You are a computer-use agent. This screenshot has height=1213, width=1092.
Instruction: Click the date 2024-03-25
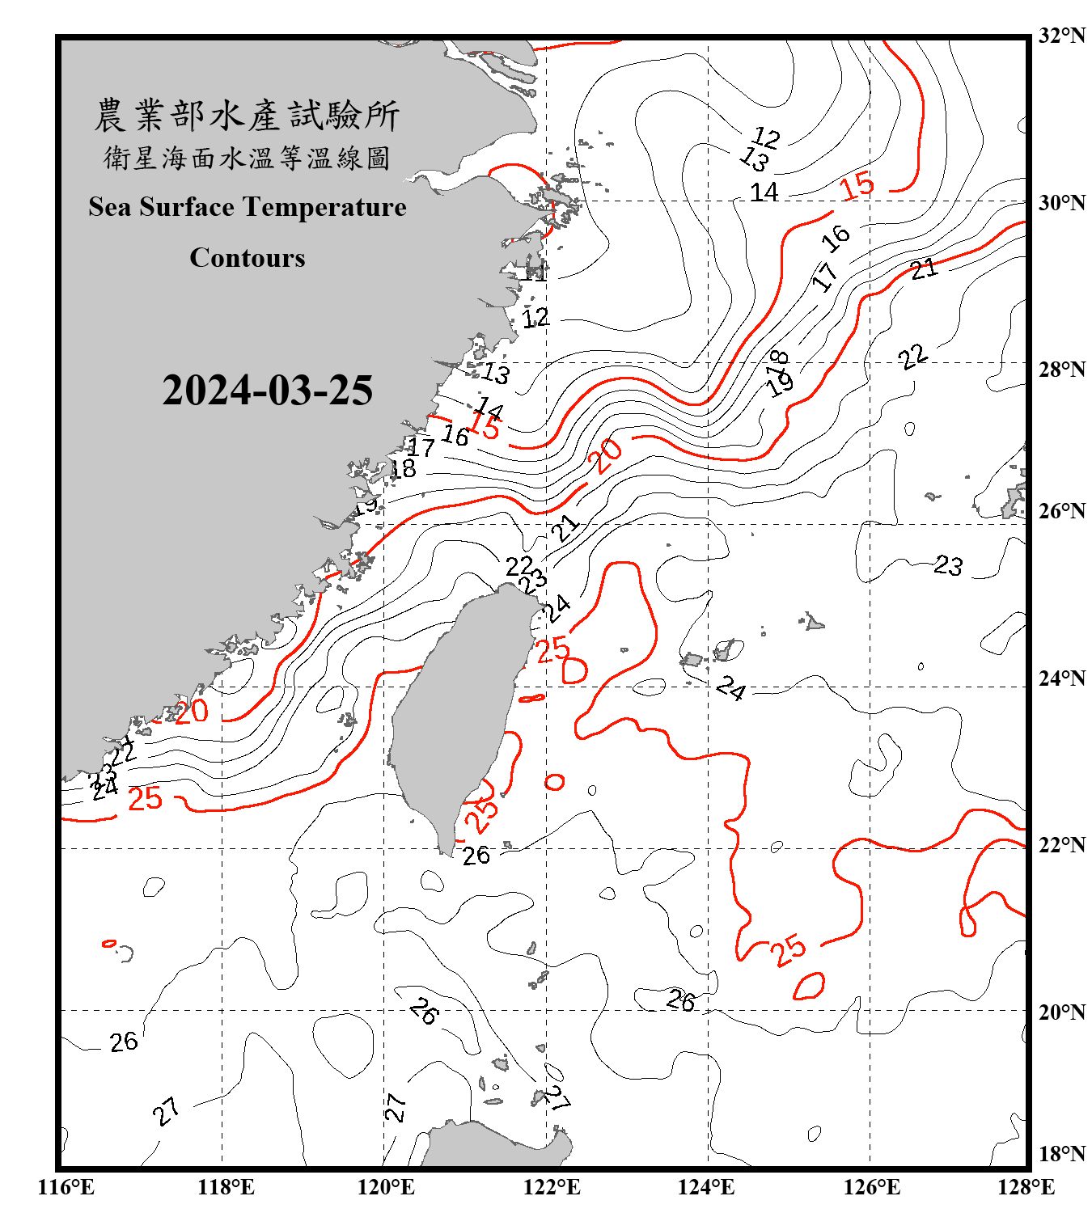click(x=267, y=391)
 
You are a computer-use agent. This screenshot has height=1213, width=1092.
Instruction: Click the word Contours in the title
click(x=248, y=258)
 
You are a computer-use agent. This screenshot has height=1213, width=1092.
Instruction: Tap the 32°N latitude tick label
click(x=1061, y=36)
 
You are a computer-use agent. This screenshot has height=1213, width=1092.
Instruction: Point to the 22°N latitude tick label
click(x=1061, y=845)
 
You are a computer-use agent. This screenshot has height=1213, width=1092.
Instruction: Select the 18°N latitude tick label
click(x=1061, y=1154)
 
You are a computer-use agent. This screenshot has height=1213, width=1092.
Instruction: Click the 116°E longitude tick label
click(x=66, y=1187)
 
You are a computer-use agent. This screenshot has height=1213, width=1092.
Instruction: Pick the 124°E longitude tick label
click(x=706, y=1187)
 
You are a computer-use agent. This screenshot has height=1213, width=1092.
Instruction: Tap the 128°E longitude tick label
click(x=1026, y=1187)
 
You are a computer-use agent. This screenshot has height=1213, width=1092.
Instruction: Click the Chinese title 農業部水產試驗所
click(x=247, y=116)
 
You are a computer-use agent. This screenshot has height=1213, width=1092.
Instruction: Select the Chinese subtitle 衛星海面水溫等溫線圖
click(x=247, y=158)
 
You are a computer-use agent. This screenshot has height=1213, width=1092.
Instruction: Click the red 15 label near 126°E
click(x=857, y=185)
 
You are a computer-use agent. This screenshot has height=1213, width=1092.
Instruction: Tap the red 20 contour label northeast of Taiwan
click(x=606, y=456)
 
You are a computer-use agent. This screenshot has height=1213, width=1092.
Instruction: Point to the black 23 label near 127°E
click(x=949, y=564)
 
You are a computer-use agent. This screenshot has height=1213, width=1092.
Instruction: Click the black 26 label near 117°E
click(x=124, y=1042)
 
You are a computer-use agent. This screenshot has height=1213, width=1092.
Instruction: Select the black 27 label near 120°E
click(x=395, y=1107)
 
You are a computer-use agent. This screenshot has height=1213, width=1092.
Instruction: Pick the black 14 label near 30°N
click(x=764, y=192)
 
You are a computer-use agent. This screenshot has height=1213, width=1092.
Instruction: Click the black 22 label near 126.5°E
click(x=912, y=357)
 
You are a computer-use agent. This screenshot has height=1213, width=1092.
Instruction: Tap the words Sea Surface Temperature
click(x=247, y=207)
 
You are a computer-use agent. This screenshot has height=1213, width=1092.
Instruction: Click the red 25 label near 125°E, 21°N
click(x=788, y=949)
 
